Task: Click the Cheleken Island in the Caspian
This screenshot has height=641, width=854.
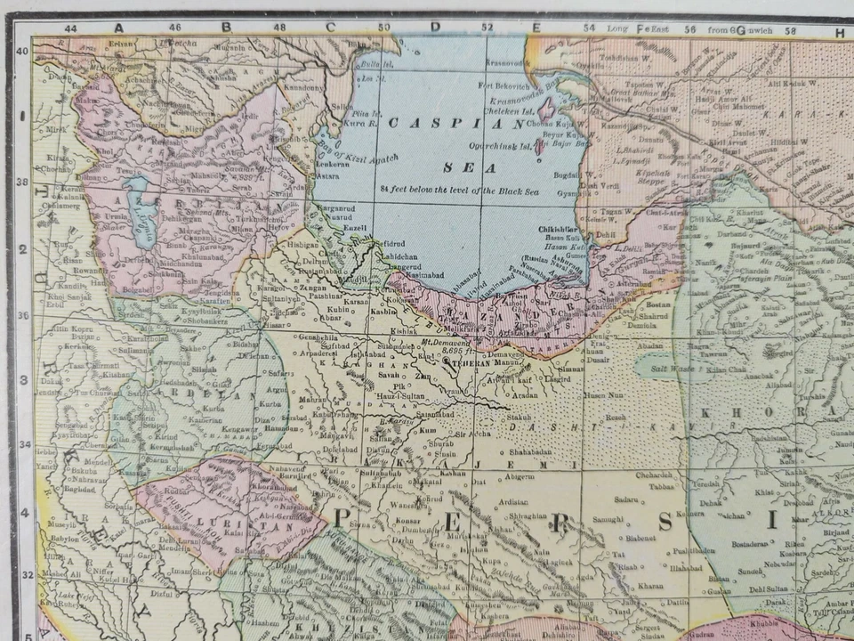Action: point(545,110)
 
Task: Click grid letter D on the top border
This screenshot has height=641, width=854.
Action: point(435,27)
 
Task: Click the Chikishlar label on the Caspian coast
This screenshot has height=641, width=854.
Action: point(559,229)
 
